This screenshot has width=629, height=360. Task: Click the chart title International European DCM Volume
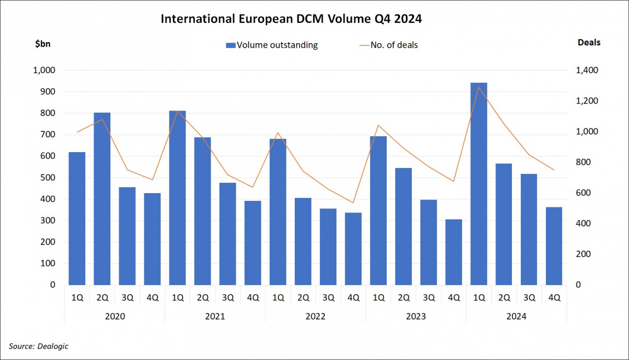[x=292, y=19]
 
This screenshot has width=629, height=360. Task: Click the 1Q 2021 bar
[x=177, y=197]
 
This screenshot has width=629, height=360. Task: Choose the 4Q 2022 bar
[x=353, y=248]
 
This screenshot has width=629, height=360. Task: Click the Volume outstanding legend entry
[x=272, y=45]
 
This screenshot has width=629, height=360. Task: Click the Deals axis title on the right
[x=589, y=43]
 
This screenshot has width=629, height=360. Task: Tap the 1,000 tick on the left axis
[x=44, y=71]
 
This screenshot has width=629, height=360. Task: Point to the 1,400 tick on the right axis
[x=586, y=71]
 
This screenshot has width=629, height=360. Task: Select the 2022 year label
[x=316, y=316]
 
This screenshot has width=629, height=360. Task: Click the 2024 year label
[x=516, y=316]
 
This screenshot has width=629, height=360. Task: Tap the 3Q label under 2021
[x=228, y=298]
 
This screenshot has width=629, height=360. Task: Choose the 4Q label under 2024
[x=554, y=298]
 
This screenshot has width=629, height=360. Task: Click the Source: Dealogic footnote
[x=39, y=346]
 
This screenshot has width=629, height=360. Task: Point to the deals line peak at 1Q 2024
[x=479, y=87]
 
